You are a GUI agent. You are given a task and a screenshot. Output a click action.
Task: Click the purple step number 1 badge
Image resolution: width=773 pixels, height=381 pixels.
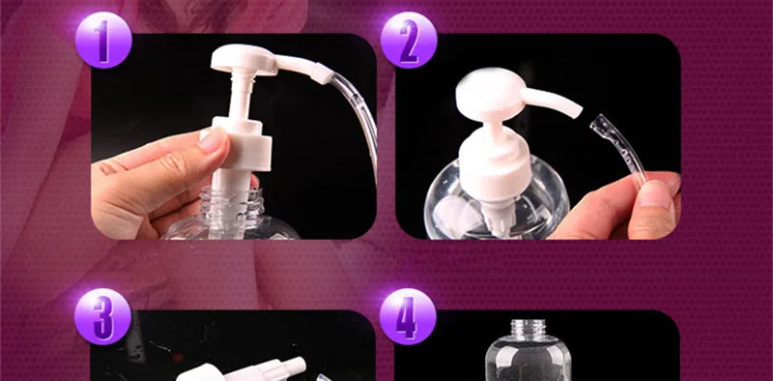click(103, 40)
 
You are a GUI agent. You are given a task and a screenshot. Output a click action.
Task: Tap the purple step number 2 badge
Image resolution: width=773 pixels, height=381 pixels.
click(409, 40)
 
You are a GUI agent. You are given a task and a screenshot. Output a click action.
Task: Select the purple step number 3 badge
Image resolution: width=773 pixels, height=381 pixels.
click(103, 316)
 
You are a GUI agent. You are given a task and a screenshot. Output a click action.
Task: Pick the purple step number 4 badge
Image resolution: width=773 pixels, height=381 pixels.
click(408, 316)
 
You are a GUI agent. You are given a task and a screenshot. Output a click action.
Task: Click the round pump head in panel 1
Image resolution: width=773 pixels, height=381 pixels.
click(244, 59)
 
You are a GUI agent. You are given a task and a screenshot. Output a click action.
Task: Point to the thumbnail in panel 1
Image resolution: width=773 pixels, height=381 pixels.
click(213, 140)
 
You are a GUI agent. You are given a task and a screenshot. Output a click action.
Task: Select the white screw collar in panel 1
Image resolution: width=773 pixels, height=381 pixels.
click(238, 144)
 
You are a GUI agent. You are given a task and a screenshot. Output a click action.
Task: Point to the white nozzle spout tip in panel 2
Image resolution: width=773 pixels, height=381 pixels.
click(576, 111)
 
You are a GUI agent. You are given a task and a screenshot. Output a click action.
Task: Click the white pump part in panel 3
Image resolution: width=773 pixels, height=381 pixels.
click(242, 370)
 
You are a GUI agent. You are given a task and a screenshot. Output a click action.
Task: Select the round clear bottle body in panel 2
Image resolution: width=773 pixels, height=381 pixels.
click(497, 201)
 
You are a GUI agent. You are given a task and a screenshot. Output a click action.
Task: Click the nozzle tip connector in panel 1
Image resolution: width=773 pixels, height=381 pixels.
click(322, 73)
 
